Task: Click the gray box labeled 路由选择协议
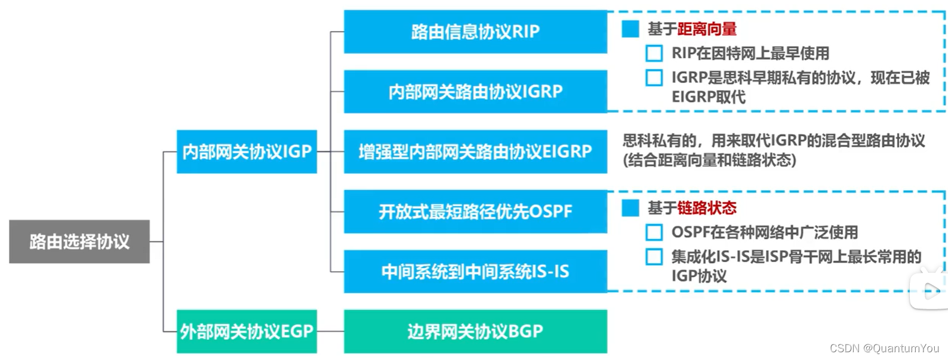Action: pos(79,242)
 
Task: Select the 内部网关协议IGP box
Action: pos(247,152)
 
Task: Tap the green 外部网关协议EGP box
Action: pos(247,331)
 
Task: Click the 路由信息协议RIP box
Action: pos(475,32)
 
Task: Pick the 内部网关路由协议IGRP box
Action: pos(475,91)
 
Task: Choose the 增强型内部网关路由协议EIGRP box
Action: pos(475,152)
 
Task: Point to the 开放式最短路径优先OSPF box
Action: pos(475,211)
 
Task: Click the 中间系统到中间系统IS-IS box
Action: pos(475,271)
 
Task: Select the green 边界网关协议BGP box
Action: pos(475,331)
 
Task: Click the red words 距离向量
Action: pos(707,29)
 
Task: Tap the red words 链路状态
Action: pos(707,208)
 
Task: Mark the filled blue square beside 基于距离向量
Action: pos(630,29)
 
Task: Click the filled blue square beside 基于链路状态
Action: pos(630,208)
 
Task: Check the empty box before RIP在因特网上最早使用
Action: pos(654,53)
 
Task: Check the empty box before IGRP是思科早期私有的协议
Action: pos(654,78)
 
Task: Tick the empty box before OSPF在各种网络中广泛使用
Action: pos(654,232)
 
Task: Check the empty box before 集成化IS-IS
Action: pos(654,257)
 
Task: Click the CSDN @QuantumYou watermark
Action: pos(884,348)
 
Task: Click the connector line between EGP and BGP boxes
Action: pos(331,331)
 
